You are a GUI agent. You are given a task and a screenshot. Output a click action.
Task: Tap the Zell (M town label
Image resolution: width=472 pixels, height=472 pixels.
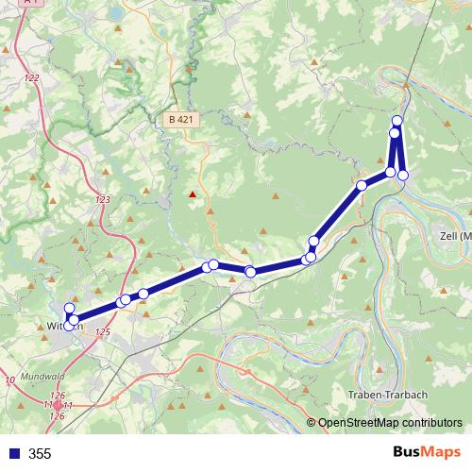click(x=454, y=235)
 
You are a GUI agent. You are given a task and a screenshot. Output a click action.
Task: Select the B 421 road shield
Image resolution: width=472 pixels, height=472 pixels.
click(x=179, y=119)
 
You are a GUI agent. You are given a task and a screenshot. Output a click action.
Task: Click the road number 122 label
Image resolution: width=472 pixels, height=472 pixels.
click(x=33, y=78)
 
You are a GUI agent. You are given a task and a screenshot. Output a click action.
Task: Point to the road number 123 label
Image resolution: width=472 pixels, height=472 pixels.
click(x=103, y=200)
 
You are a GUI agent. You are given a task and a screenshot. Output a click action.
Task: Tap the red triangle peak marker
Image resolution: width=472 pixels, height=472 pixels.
click(x=193, y=195)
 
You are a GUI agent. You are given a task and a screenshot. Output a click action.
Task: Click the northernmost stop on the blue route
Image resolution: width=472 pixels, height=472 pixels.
click(x=397, y=121)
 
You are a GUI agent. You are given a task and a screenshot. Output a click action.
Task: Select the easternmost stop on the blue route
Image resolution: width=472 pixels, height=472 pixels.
click(x=403, y=175)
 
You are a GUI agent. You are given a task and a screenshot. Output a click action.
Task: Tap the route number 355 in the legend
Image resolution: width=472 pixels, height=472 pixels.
click(x=40, y=454)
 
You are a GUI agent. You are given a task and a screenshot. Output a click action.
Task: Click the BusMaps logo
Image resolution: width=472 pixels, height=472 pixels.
click(x=428, y=452)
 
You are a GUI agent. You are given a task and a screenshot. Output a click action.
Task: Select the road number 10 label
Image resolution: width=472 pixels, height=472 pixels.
click(x=10, y=379)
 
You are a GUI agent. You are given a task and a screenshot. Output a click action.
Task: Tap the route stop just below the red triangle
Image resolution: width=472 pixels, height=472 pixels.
click(x=214, y=264)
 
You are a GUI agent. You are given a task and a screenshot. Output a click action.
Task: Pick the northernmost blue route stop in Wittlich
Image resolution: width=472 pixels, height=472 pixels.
click(x=69, y=309)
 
